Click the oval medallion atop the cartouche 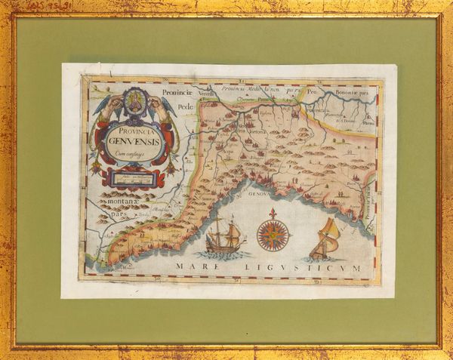point(136,102)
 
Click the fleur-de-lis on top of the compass point(273,215)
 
